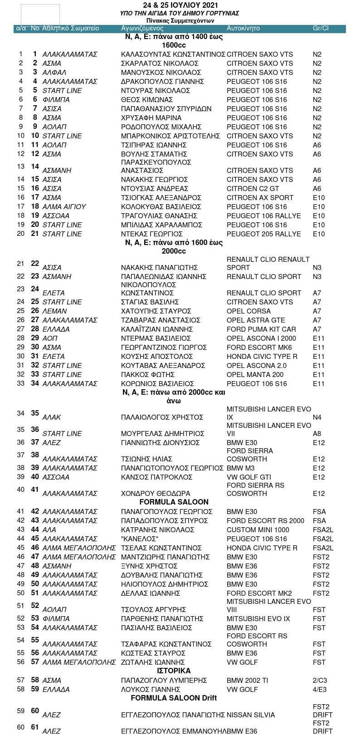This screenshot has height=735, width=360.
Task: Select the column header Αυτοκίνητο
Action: click(243, 28)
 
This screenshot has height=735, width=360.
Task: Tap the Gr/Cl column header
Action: click(321, 28)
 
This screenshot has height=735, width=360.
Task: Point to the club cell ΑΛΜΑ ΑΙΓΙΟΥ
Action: click(64, 206)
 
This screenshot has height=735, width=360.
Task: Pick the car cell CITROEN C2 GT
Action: click(253, 188)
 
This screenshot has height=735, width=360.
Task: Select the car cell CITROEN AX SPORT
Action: click(260, 197)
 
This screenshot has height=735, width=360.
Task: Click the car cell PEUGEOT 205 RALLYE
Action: click(263, 234)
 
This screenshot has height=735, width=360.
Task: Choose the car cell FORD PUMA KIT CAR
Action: click(261, 329)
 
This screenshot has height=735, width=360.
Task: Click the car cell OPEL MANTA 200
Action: click(255, 374)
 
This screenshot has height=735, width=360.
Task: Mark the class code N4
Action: click(317, 417)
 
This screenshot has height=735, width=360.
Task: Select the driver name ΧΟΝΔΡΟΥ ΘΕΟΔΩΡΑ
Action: click(156, 493)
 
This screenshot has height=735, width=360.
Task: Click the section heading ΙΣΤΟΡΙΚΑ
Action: click(174, 671)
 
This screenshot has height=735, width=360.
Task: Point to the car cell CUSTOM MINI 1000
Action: click(258, 529)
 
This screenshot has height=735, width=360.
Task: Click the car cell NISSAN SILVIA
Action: click(251, 715)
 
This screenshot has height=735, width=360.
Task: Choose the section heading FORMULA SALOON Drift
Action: click(174, 698)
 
